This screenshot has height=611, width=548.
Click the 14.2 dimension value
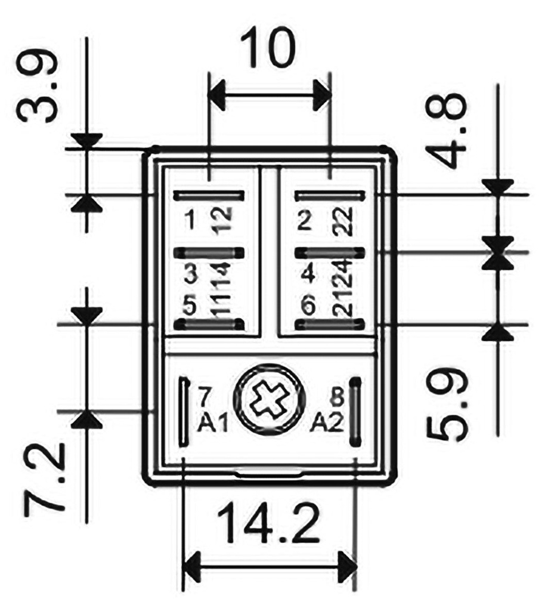[x=268, y=524]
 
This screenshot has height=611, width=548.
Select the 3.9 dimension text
[x=38, y=85]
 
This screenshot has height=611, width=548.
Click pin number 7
[x=205, y=396]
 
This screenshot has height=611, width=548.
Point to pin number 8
[x=338, y=396]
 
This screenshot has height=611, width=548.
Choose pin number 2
[x=305, y=221]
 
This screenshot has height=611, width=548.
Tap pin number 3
[x=190, y=276]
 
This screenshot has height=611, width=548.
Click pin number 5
[x=190, y=307]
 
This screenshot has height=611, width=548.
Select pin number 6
[x=308, y=307]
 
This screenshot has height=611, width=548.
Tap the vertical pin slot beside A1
[x=184, y=412]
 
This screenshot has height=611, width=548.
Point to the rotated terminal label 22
[x=344, y=221]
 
